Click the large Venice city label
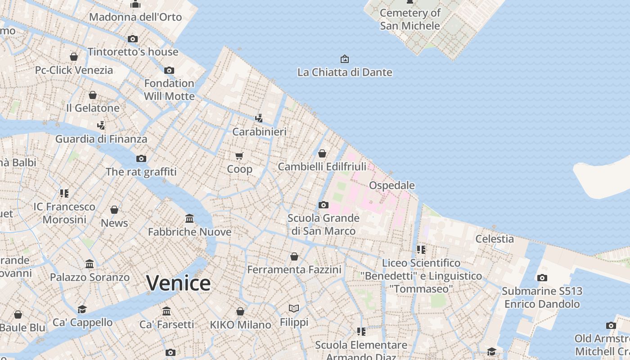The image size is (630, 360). (178, 283)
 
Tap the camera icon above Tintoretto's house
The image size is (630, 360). (133, 39)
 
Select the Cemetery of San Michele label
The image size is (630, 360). (409, 19)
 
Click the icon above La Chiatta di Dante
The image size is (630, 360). (344, 59)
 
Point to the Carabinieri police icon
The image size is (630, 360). (259, 118)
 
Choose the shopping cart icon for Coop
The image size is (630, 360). (239, 156)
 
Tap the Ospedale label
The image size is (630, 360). (391, 185)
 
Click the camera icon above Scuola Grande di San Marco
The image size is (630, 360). (323, 205)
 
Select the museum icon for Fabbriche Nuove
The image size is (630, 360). (189, 219)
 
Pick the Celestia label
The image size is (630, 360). (495, 239)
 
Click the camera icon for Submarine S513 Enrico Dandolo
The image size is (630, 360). (542, 278)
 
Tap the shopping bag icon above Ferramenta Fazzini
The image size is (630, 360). (294, 256)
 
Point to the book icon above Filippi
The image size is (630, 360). (294, 309)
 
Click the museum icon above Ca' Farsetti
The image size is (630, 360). (166, 311)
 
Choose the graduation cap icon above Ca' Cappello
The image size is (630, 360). (82, 309)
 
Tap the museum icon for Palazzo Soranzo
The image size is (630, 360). (90, 264)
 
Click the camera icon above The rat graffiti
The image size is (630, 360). (141, 158)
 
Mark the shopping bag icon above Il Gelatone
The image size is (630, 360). (93, 95)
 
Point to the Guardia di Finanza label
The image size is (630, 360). (101, 139)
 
